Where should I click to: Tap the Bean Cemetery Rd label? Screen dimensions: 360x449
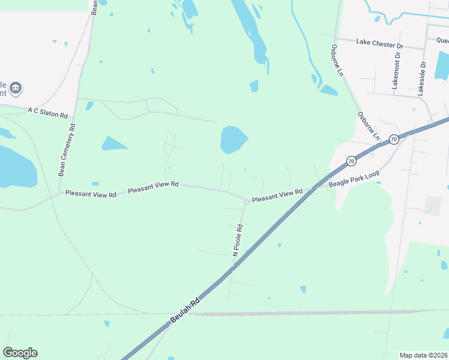pos(66,149)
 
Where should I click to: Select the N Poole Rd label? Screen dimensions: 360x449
pos(238,240)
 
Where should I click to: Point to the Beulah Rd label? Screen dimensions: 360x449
pos(184,311)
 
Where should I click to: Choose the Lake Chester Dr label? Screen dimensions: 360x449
pos(379,43)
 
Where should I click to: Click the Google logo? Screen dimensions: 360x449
pos(20,353)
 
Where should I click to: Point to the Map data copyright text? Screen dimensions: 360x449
pos(423,355)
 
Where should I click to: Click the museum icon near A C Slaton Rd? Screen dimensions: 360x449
pos(16,89)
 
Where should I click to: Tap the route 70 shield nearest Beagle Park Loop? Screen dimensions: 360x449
pos(351,161)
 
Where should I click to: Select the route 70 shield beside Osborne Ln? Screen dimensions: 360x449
pos(393,139)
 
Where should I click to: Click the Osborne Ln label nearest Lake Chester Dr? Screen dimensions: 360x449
pos(336,60)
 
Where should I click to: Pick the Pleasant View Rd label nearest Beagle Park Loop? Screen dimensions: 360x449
pos(277,196)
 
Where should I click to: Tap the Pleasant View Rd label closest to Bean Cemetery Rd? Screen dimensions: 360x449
pos(91,193)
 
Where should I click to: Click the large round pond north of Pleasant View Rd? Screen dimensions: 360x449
pos(233,139)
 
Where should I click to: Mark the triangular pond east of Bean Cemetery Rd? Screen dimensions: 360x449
pos(113,143)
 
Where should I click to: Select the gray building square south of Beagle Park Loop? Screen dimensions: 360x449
pos(432,205)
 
